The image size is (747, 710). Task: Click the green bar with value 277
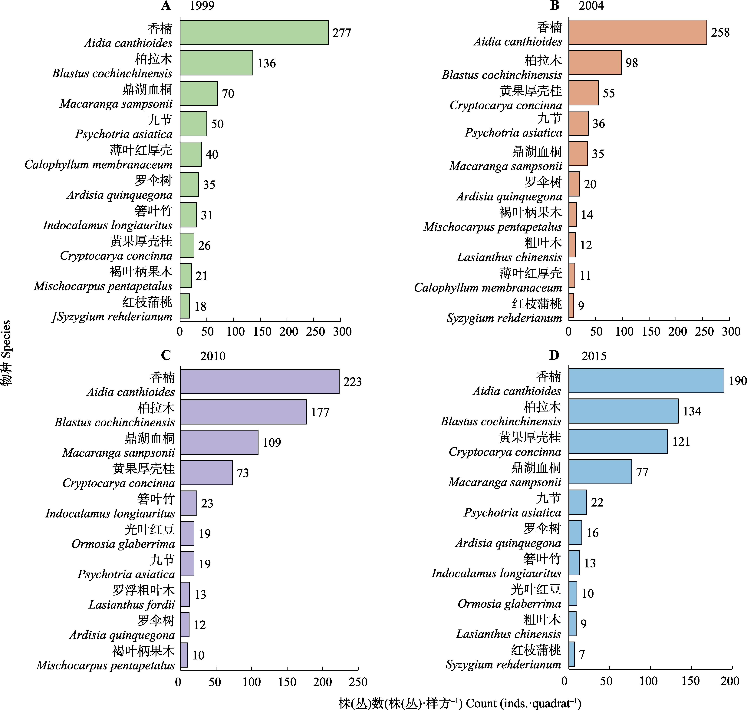tap(254, 33)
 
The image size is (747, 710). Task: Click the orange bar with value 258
tap(638, 32)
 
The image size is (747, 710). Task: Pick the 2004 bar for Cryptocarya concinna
tap(584, 93)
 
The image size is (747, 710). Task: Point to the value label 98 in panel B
tap(632, 63)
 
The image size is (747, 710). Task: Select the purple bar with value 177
tap(243, 412)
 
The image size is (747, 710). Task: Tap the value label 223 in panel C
tap(352, 381)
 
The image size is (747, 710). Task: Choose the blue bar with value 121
tap(618, 441)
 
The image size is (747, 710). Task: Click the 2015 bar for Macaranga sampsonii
tap(600, 472)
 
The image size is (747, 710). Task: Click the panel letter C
tap(166, 355)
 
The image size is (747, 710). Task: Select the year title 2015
tap(594, 356)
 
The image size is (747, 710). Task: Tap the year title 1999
tap(202, 6)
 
